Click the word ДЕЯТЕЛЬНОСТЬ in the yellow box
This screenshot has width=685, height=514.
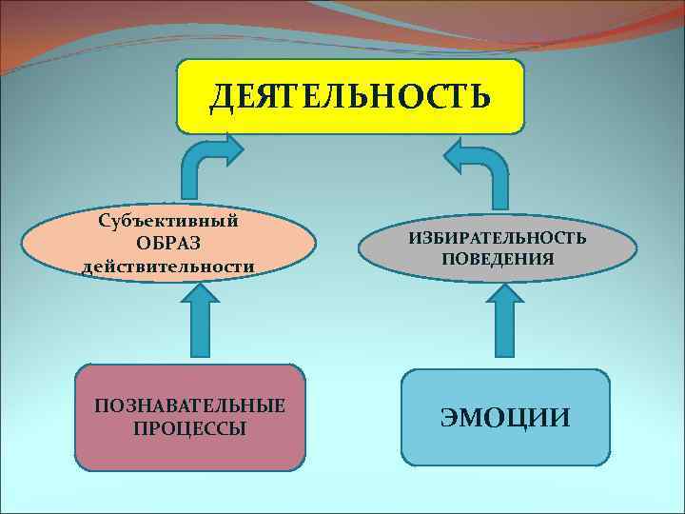pyautogui.click(x=350, y=95)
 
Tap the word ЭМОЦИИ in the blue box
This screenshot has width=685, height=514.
pyautogui.click(x=505, y=417)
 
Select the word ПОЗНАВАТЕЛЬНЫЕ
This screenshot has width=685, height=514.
pyautogui.click(x=189, y=406)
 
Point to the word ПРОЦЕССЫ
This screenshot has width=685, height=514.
pyautogui.click(x=189, y=428)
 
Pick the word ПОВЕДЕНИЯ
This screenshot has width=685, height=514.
pyautogui.click(x=498, y=258)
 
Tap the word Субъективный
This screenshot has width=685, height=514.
pyautogui.click(x=168, y=222)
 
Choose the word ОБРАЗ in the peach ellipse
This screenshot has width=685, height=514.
pyautogui.click(x=167, y=245)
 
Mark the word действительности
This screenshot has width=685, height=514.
pyautogui.click(x=168, y=267)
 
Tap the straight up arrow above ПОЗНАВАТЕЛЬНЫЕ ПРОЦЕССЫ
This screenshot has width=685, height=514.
pyautogui.click(x=199, y=323)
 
